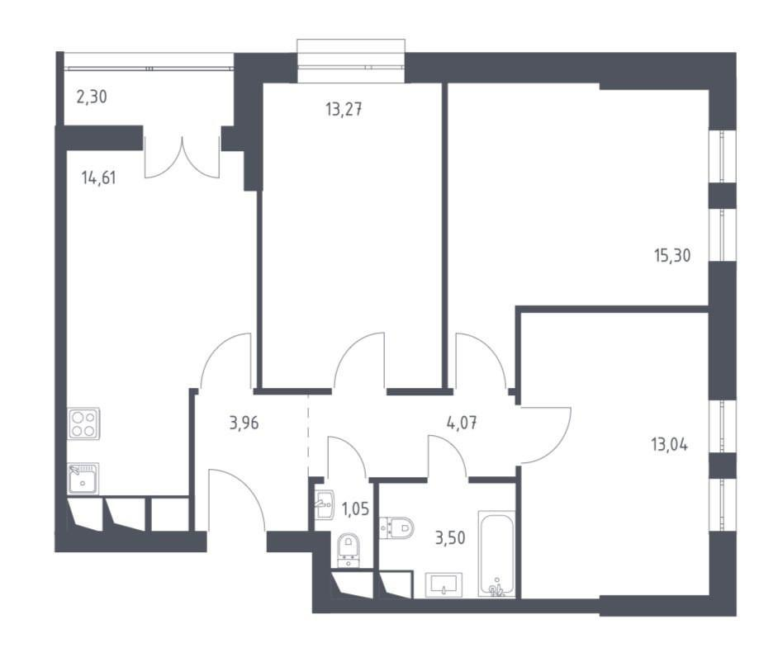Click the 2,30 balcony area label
[x=92, y=97]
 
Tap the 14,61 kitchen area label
[x=99, y=177]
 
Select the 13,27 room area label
[x=344, y=109]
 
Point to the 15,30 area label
[x=672, y=255]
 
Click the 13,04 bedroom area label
[x=669, y=445]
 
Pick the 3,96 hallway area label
[x=244, y=424]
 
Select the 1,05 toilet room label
[x=356, y=508]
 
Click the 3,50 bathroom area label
[x=450, y=537]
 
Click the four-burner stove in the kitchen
[x=83, y=423]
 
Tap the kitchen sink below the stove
[x=83, y=479]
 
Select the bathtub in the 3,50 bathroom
[x=496, y=554]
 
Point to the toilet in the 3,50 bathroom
[x=396, y=527]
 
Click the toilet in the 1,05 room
[x=349, y=551]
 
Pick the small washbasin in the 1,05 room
[x=325, y=504]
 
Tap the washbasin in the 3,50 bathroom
[x=444, y=585]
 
